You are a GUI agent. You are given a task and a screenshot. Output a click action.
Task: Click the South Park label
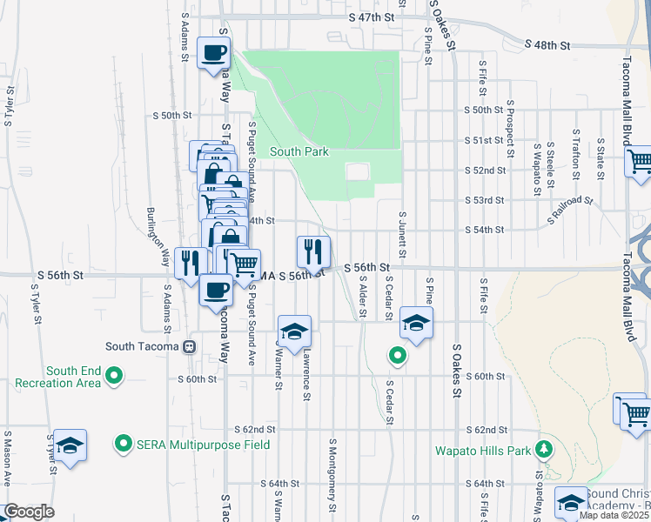(x=299, y=151)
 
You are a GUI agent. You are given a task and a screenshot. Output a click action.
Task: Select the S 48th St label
(x=547, y=44)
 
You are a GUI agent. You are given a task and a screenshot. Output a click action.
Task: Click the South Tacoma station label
(x=143, y=346)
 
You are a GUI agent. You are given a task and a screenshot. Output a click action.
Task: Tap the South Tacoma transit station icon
(x=189, y=346)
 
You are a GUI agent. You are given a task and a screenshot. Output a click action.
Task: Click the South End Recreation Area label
(x=74, y=377)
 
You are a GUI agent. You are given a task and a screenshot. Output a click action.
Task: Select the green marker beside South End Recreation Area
(x=113, y=376)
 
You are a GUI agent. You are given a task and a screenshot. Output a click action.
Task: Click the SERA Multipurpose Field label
(x=203, y=444)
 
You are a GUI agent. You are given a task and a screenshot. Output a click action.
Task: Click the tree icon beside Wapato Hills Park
(x=544, y=449)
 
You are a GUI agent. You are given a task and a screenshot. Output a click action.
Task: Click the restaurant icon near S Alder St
(x=312, y=251)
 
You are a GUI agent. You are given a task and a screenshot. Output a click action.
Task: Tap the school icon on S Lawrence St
(x=294, y=331)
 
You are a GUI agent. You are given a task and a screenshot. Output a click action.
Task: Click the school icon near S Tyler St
(x=70, y=445)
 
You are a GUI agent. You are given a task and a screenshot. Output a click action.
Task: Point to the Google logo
(x=28, y=512)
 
